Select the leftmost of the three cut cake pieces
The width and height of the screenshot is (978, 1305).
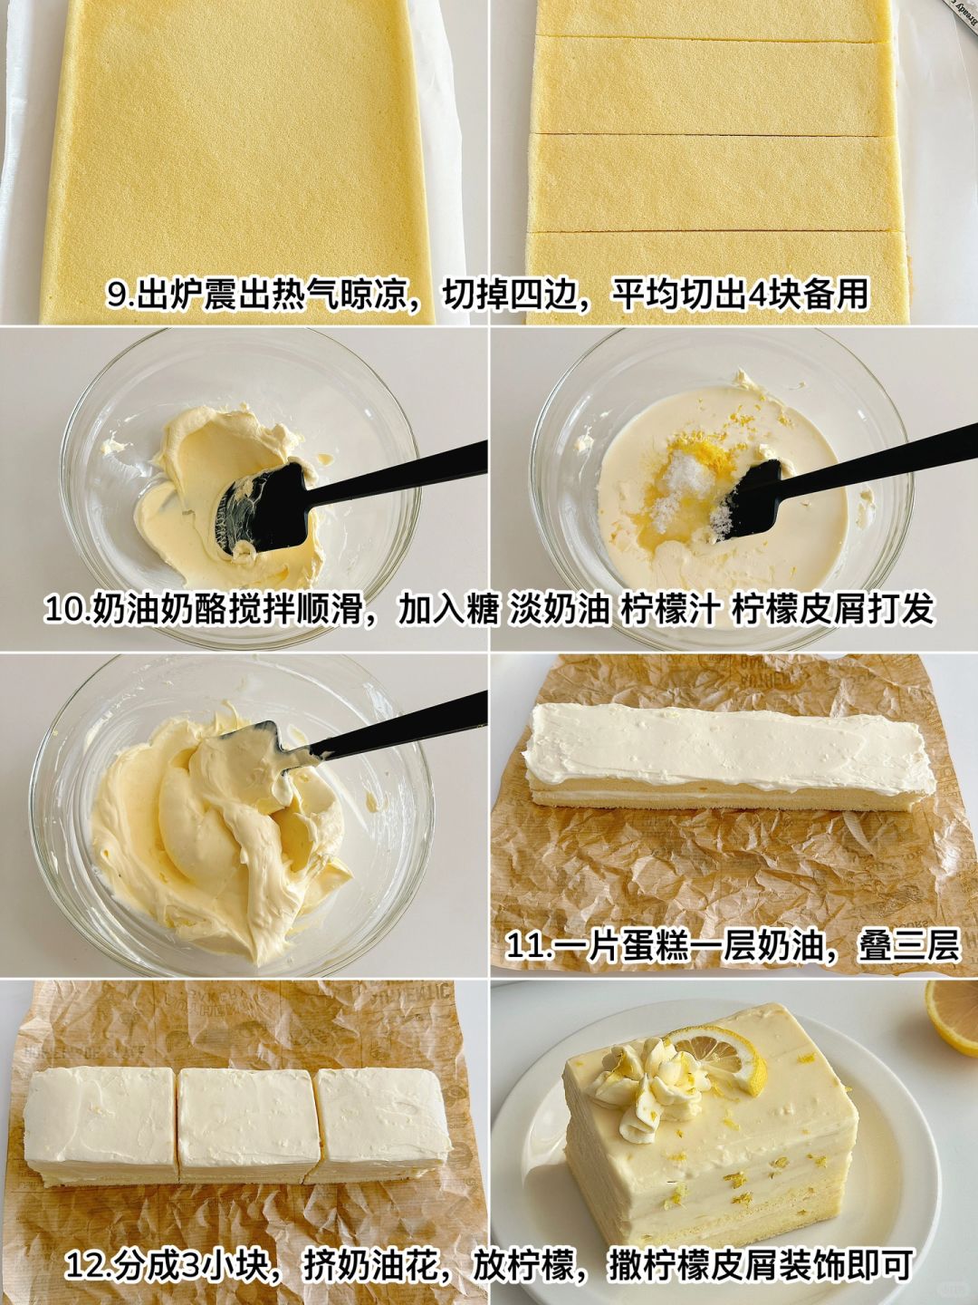point(101,1088)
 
